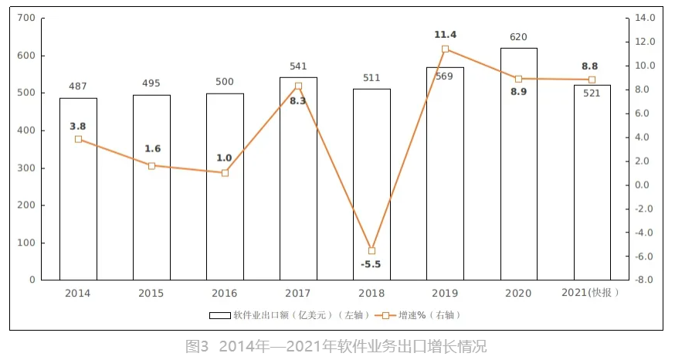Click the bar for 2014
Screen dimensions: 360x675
78,189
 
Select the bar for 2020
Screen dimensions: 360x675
518,164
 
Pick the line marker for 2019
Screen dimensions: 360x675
445,49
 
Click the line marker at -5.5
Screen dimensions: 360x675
371,251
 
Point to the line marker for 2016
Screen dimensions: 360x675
225,173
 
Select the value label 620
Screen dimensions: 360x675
518,36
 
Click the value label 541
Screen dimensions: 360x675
298,66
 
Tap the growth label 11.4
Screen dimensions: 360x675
445,35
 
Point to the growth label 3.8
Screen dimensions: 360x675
78,125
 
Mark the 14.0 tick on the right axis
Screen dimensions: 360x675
645,18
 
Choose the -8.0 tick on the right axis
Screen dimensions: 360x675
645,280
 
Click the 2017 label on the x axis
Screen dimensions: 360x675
298,294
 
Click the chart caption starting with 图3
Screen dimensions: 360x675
337,346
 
